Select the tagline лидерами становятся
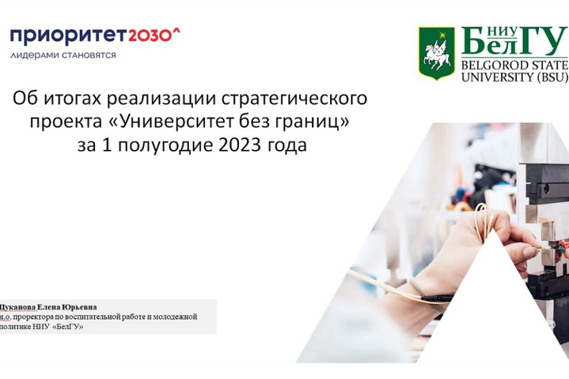[63, 55]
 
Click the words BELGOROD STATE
[514, 65]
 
